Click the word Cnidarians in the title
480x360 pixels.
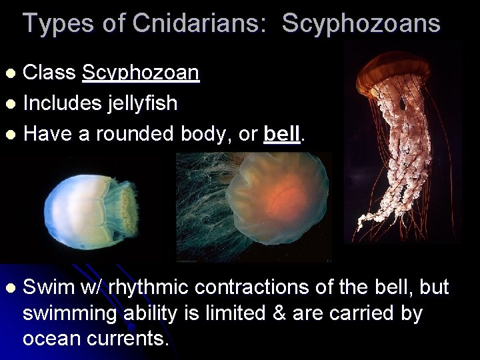click(x=187, y=23)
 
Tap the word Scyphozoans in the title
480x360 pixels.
click(x=361, y=23)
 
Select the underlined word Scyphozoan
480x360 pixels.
click(x=141, y=73)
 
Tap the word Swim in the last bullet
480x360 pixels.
click(x=51, y=287)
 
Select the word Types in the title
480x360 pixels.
click(x=55, y=23)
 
